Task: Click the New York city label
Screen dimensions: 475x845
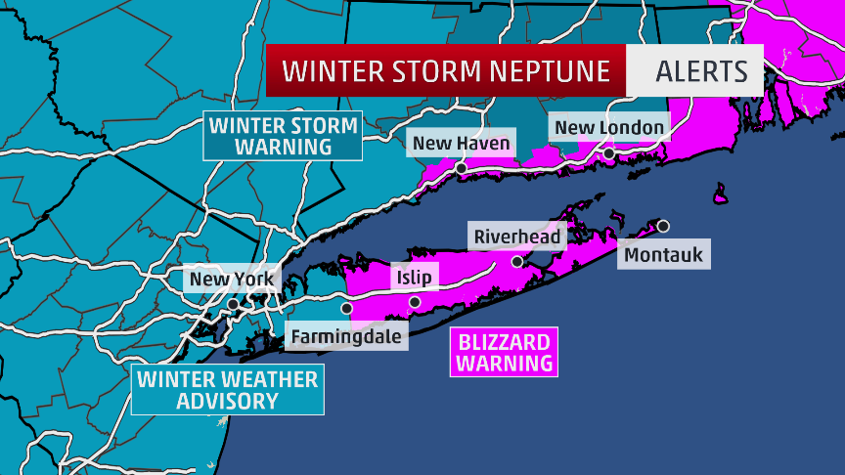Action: pos(233,279)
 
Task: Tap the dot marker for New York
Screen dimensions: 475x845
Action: pos(233,304)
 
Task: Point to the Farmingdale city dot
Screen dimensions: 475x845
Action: pos(346,308)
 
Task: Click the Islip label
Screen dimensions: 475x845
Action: pos(411,278)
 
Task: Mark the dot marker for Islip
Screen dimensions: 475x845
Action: pos(414,302)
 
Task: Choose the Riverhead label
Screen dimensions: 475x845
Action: pos(517,237)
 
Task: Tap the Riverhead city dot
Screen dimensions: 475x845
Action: pos(517,261)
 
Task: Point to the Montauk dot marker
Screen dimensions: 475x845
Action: pos(663,226)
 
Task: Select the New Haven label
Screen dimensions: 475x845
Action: pos(461,144)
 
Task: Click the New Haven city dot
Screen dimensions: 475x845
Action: pos(461,168)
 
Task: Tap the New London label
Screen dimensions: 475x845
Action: pos(609,127)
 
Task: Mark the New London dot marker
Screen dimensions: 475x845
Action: pos(608,153)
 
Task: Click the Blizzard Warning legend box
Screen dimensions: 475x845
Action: pos(504,352)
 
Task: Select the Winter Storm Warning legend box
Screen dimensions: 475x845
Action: pos(282,136)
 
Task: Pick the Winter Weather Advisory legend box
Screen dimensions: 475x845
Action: pos(227,390)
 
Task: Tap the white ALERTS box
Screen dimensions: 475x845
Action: pos(694,71)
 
